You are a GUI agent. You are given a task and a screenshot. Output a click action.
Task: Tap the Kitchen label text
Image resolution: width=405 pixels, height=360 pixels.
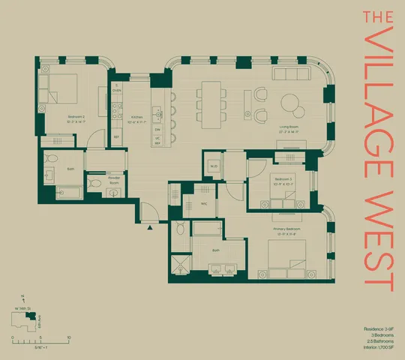coord(137,118)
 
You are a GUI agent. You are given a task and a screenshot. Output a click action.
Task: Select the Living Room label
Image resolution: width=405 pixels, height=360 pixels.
coord(289,129)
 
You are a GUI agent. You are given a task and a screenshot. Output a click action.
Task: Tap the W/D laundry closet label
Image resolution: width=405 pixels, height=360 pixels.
coord(214,166)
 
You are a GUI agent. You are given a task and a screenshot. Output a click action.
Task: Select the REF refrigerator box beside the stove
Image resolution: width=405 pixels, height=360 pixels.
coord(116,136)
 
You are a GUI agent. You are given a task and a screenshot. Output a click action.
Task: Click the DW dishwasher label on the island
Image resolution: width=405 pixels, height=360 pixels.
coord(157,129)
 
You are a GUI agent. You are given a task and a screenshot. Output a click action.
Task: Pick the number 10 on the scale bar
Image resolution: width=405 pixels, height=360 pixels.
coord(69,337)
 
